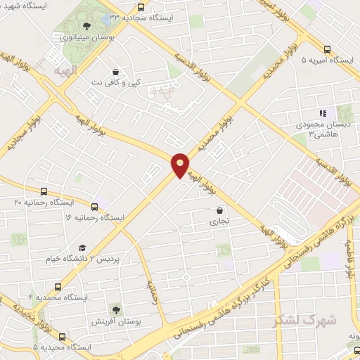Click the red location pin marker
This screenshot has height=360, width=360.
[181, 165]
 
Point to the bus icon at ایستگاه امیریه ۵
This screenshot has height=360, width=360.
[327, 49]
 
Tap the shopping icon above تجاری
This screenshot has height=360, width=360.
[220, 210]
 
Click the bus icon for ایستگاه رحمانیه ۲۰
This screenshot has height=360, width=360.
[44, 191]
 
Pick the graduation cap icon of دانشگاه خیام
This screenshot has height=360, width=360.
[82, 248]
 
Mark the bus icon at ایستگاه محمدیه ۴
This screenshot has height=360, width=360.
[58, 287]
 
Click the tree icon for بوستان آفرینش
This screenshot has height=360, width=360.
[115, 308]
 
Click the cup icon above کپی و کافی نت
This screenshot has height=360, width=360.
[115, 71]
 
